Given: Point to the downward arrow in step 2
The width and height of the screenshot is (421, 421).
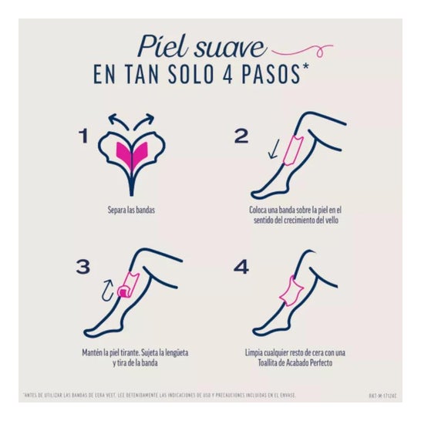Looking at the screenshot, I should click(271, 148).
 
